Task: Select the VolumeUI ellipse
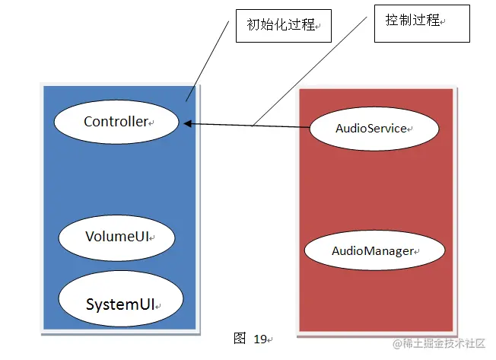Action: coord(117,237)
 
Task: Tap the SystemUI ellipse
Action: coord(121,304)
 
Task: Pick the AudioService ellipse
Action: coord(374,129)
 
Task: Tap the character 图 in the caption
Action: coord(240,338)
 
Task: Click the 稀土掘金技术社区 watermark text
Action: coord(444,344)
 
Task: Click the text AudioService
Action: coord(372,129)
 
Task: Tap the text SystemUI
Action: coord(120,304)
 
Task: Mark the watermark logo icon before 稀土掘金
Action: coord(396,344)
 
